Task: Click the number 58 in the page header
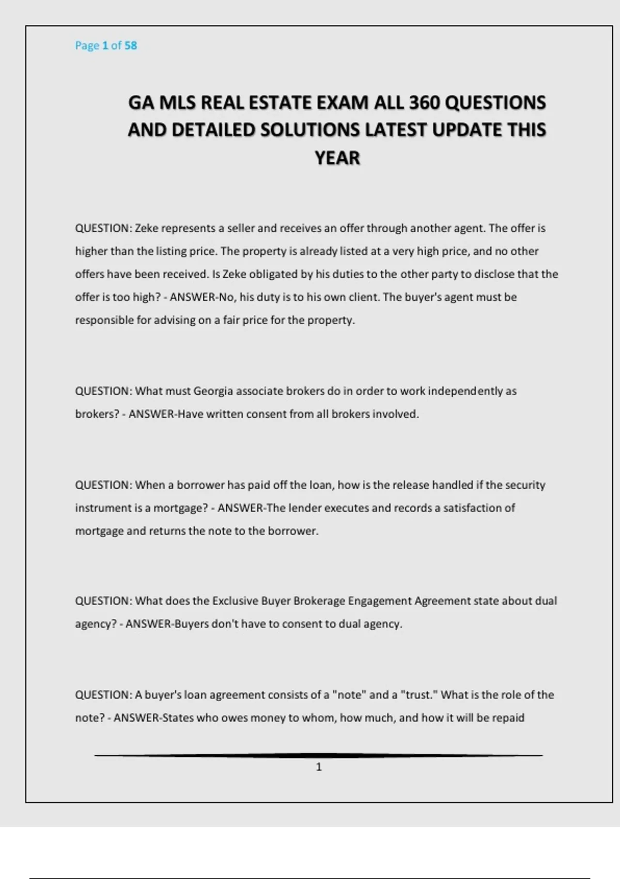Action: [x=131, y=46]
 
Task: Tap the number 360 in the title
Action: [x=425, y=102]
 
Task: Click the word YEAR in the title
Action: [x=337, y=158]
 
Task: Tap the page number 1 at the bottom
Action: [x=319, y=767]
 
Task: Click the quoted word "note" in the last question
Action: [x=350, y=695]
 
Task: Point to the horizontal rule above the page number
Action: [x=318, y=755]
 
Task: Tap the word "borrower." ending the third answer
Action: [x=293, y=531]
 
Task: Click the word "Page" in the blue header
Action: [x=87, y=46]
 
